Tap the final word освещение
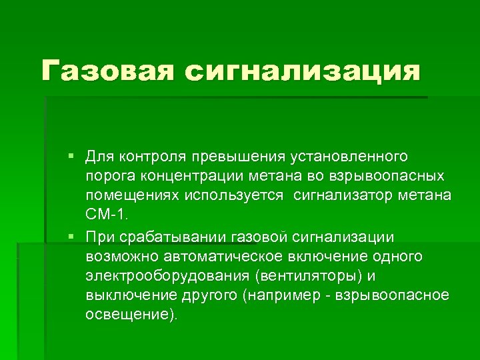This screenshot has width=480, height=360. pos(131,315)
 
